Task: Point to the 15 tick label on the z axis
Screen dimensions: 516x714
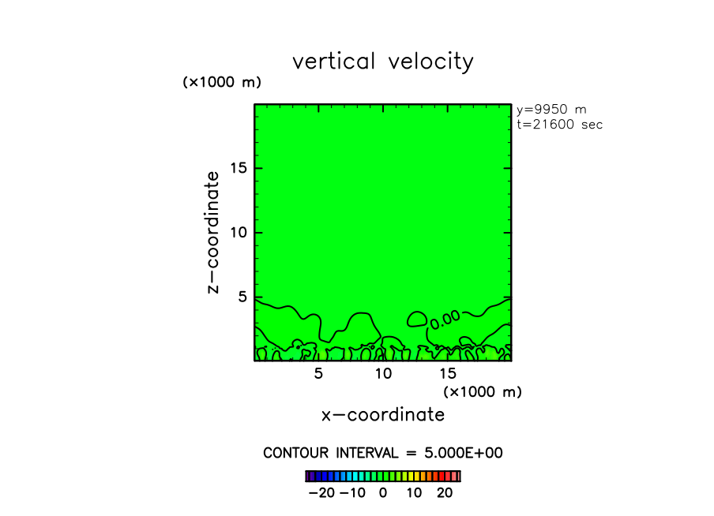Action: (x=239, y=168)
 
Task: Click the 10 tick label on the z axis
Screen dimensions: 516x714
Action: (x=239, y=233)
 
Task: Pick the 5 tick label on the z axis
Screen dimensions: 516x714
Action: (x=244, y=297)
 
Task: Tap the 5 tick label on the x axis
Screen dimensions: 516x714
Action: (x=318, y=373)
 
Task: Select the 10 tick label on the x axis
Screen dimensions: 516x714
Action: (x=383, y=373)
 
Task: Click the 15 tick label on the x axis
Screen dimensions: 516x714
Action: (x=448, y=373)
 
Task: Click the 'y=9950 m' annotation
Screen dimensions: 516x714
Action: (x=551, y=110)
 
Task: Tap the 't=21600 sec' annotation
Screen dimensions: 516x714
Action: (x=558, y=125)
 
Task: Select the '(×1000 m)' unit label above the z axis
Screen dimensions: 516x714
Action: (x=222, y=82)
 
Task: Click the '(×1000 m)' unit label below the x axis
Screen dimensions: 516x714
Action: (x=483, y=391)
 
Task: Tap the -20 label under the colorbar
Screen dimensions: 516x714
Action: (x=321, y=493)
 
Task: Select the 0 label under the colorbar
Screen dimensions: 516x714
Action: (x=383, y=493)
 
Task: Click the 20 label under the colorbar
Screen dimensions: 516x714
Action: (x=445, y=493)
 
